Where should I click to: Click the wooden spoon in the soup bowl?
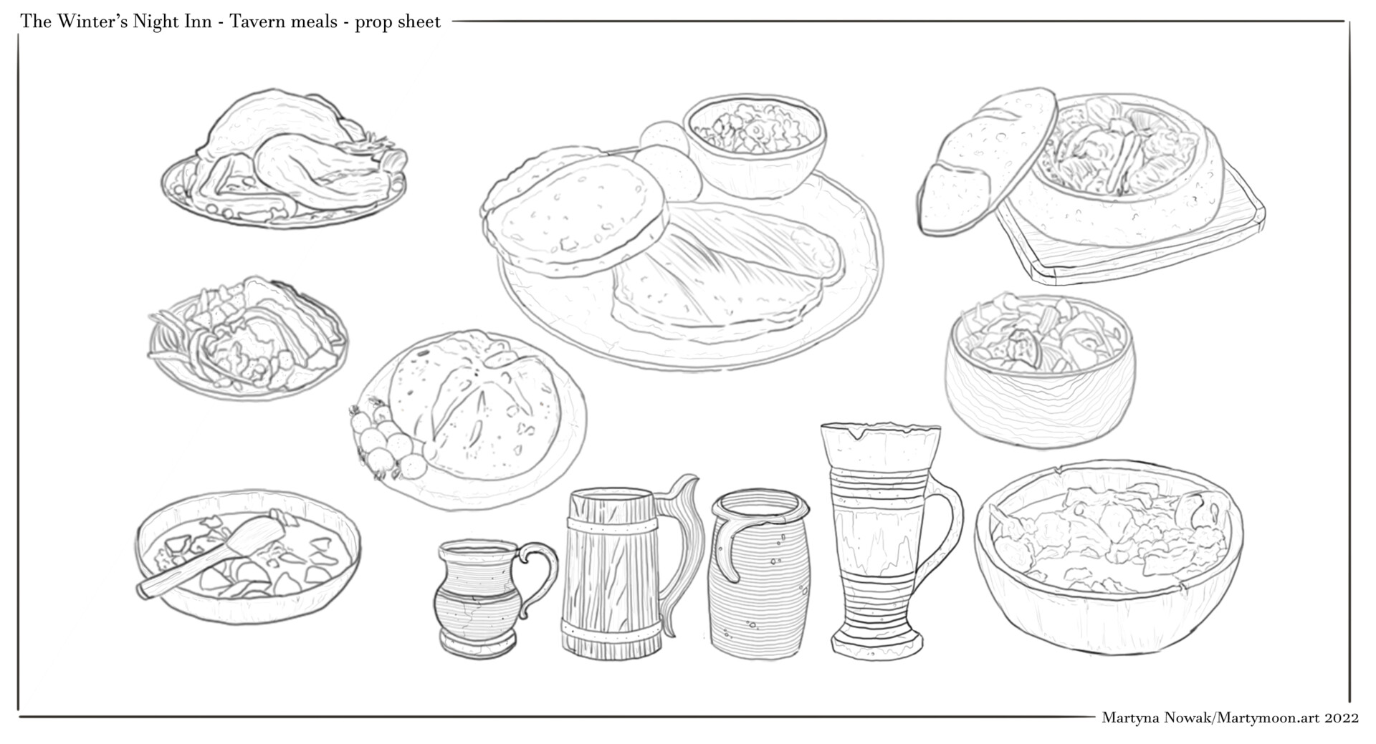[x=212, y=556]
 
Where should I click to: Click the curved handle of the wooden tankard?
[x=681, y=544]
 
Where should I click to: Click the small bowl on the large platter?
[x=755, y=147]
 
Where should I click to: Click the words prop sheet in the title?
[x=398, y=22]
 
